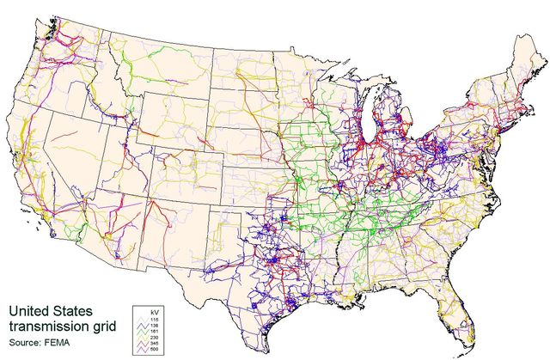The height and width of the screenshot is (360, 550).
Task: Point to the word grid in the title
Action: click(106, 327)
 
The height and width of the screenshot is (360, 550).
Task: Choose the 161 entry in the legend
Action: click(156, 331)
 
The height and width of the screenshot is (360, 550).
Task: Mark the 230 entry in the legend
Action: click(156, 338)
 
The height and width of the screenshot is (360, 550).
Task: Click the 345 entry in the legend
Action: click(156, 345)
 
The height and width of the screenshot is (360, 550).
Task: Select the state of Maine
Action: click(524, 64)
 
